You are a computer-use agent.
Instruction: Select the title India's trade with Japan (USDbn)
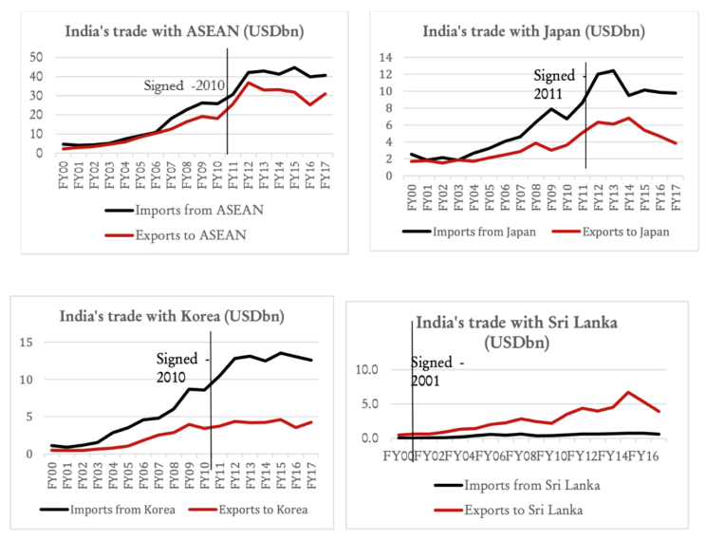click(x=533, y=31)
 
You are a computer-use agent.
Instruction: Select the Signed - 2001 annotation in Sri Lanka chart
click(x=437, y=372)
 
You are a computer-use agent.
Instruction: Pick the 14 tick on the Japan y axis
click(x=387, y=57)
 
